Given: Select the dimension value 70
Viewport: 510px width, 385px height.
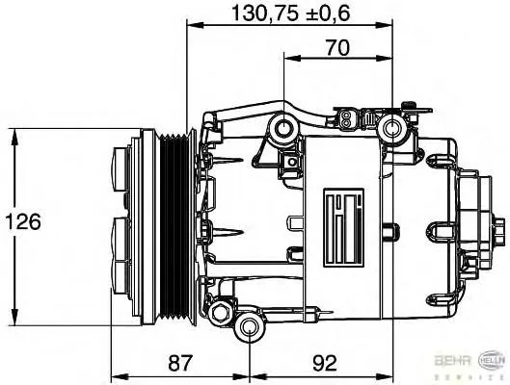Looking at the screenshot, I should [x=336, y=45].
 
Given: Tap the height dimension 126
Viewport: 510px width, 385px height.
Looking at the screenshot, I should [x=20, y=222].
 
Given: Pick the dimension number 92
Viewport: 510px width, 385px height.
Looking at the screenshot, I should [x=326, y=363].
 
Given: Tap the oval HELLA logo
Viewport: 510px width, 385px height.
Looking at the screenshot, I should [x=489, y=361].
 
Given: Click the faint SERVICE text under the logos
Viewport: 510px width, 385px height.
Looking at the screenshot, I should [x=471, y=376].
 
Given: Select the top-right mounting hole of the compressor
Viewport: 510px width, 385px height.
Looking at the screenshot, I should [x=392, y=128].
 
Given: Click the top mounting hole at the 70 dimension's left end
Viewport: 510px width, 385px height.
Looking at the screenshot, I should [x=283, y=128].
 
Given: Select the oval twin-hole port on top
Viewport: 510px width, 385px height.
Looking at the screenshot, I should [x=345, y=120].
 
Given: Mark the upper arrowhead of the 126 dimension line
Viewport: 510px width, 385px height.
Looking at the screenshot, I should [x=13, y=136].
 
